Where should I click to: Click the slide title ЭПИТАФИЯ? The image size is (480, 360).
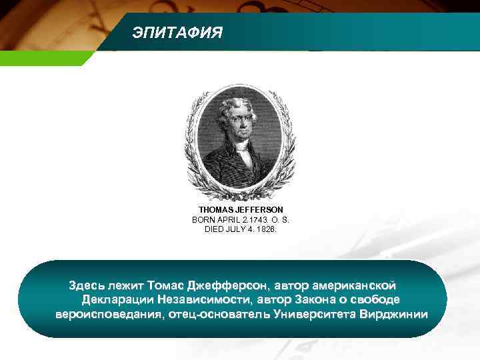point(177,33)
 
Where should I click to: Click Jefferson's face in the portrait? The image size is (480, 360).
point(237,119)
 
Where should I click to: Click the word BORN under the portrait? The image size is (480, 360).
point(203,219)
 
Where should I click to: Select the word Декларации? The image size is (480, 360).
point(117,301)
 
